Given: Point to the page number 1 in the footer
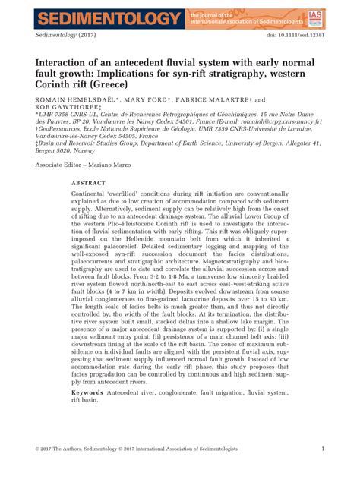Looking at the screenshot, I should (x=323, y=449).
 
